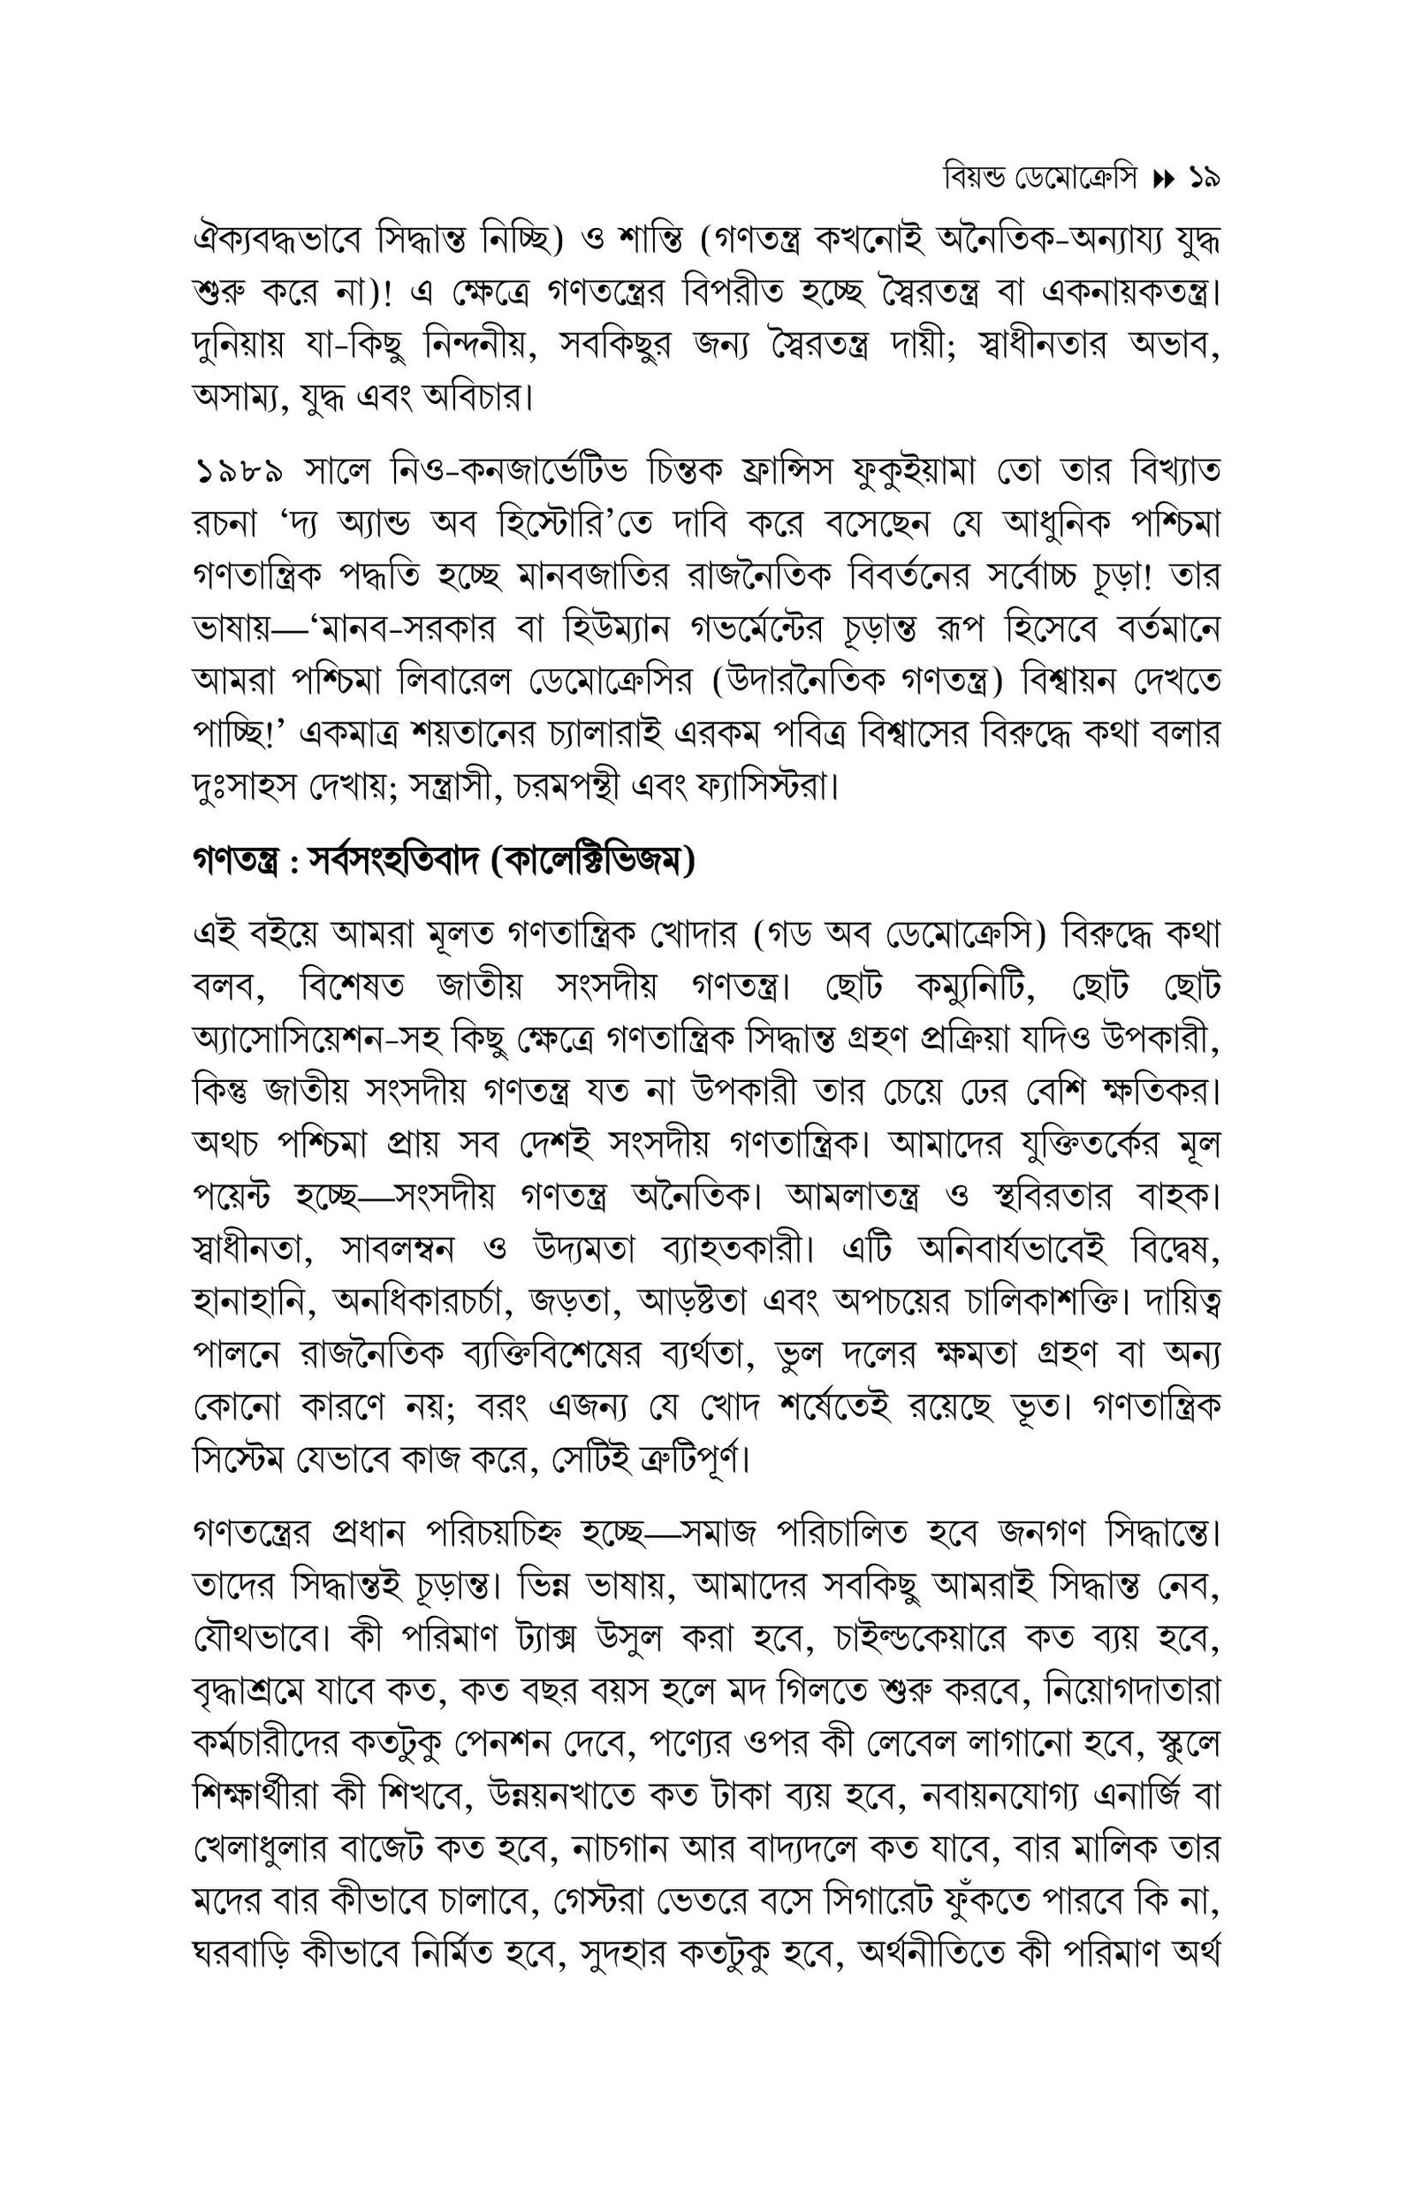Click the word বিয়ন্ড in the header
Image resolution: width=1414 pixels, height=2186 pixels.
click(x=976, y=177)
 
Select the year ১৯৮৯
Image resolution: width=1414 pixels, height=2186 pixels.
click(x=237, y=472)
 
